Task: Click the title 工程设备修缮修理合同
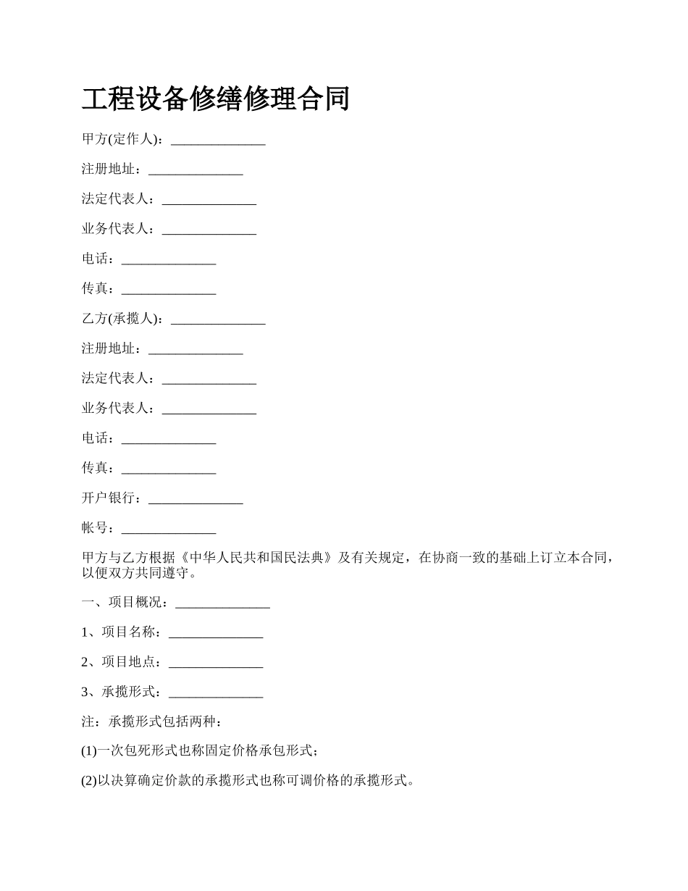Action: pos(216,99)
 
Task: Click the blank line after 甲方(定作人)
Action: pos(218,141)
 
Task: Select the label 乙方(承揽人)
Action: pos(122,319)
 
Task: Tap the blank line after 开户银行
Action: pos(196,499)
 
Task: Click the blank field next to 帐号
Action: pos(169,530)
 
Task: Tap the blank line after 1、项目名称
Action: pos(215,633)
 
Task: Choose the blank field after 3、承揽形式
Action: pos(215,693)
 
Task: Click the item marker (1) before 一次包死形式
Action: pos(89,751)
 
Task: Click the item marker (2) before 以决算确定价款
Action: pos(89,781)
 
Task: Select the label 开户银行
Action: pos(112,498)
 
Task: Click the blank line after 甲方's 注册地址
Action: pos(196,170)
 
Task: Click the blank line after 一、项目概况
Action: pos(222,603)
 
